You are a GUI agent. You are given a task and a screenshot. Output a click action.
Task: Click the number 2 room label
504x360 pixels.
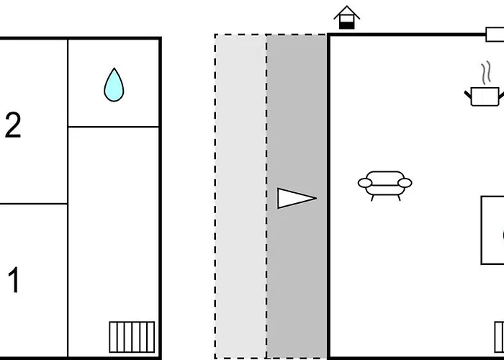point(13,125)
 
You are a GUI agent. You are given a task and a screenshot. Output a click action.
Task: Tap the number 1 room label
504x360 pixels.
point(14,279)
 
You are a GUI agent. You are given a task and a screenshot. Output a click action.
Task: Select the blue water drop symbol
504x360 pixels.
point(114,85)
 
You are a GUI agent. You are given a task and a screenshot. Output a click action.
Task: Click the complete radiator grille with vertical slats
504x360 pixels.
point(132,337)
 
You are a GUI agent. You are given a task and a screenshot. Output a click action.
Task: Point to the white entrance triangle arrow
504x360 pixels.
point(297,198)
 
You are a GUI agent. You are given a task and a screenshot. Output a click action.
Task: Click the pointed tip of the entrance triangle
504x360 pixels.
point(316,198)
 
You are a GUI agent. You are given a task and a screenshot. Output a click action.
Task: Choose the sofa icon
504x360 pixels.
point(384,186)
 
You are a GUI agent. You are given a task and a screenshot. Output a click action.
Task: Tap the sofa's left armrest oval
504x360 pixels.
point(365,183)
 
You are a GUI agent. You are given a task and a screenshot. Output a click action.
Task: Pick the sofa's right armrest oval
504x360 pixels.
point(405,183)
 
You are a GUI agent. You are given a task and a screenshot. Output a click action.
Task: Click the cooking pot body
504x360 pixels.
point(485,96)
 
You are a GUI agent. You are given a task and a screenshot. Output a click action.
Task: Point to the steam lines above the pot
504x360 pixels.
point(486,73)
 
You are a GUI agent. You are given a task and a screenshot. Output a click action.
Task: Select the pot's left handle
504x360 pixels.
point(468,95)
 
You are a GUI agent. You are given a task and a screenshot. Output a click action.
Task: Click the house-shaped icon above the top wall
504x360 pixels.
point(347,17)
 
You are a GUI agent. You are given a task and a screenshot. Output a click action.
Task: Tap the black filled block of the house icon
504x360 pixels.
point(347,25)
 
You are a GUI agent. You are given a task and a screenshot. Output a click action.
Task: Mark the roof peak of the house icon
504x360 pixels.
point(347,6)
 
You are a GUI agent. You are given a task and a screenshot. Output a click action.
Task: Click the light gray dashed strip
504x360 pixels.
point(240,196)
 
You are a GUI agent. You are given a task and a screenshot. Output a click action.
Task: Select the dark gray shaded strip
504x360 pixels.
point(297,196)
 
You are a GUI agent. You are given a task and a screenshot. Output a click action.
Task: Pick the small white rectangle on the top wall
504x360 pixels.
point(495,35)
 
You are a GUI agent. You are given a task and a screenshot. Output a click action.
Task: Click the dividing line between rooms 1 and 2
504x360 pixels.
point(34,204)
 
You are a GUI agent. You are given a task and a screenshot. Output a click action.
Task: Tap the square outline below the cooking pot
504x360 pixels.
point(482,230)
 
